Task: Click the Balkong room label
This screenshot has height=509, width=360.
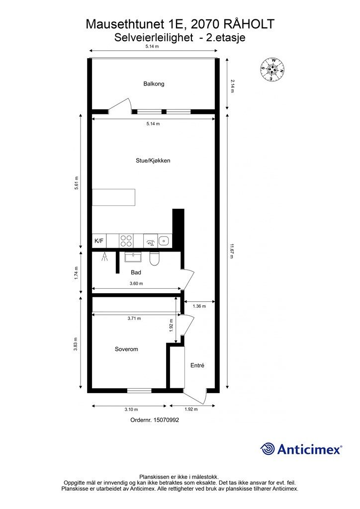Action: (154, 84)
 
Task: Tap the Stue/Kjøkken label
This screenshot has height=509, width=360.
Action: (153, 161)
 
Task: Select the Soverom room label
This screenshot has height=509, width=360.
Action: (126, 349)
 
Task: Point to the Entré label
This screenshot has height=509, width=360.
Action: (197, 365)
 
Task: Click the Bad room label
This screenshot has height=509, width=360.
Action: (136, 272)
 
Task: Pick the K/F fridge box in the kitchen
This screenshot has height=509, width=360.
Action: (99, 241)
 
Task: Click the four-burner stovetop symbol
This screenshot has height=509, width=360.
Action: (126, 241)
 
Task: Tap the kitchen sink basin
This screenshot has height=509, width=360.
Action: (164, 241)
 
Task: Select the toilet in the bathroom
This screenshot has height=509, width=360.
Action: (154, 258)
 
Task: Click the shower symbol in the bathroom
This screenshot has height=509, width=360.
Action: (104, 257)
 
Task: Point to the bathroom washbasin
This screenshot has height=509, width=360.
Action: (133, 257)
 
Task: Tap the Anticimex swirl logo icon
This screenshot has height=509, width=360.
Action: (267, 449)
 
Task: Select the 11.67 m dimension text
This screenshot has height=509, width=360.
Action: (231, 251)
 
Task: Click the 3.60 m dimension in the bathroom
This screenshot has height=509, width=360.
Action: (136, 283)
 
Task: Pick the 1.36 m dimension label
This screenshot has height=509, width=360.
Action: (199, 306)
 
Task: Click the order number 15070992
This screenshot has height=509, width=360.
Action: (166, 420)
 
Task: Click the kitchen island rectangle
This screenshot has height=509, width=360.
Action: (113, 197)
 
